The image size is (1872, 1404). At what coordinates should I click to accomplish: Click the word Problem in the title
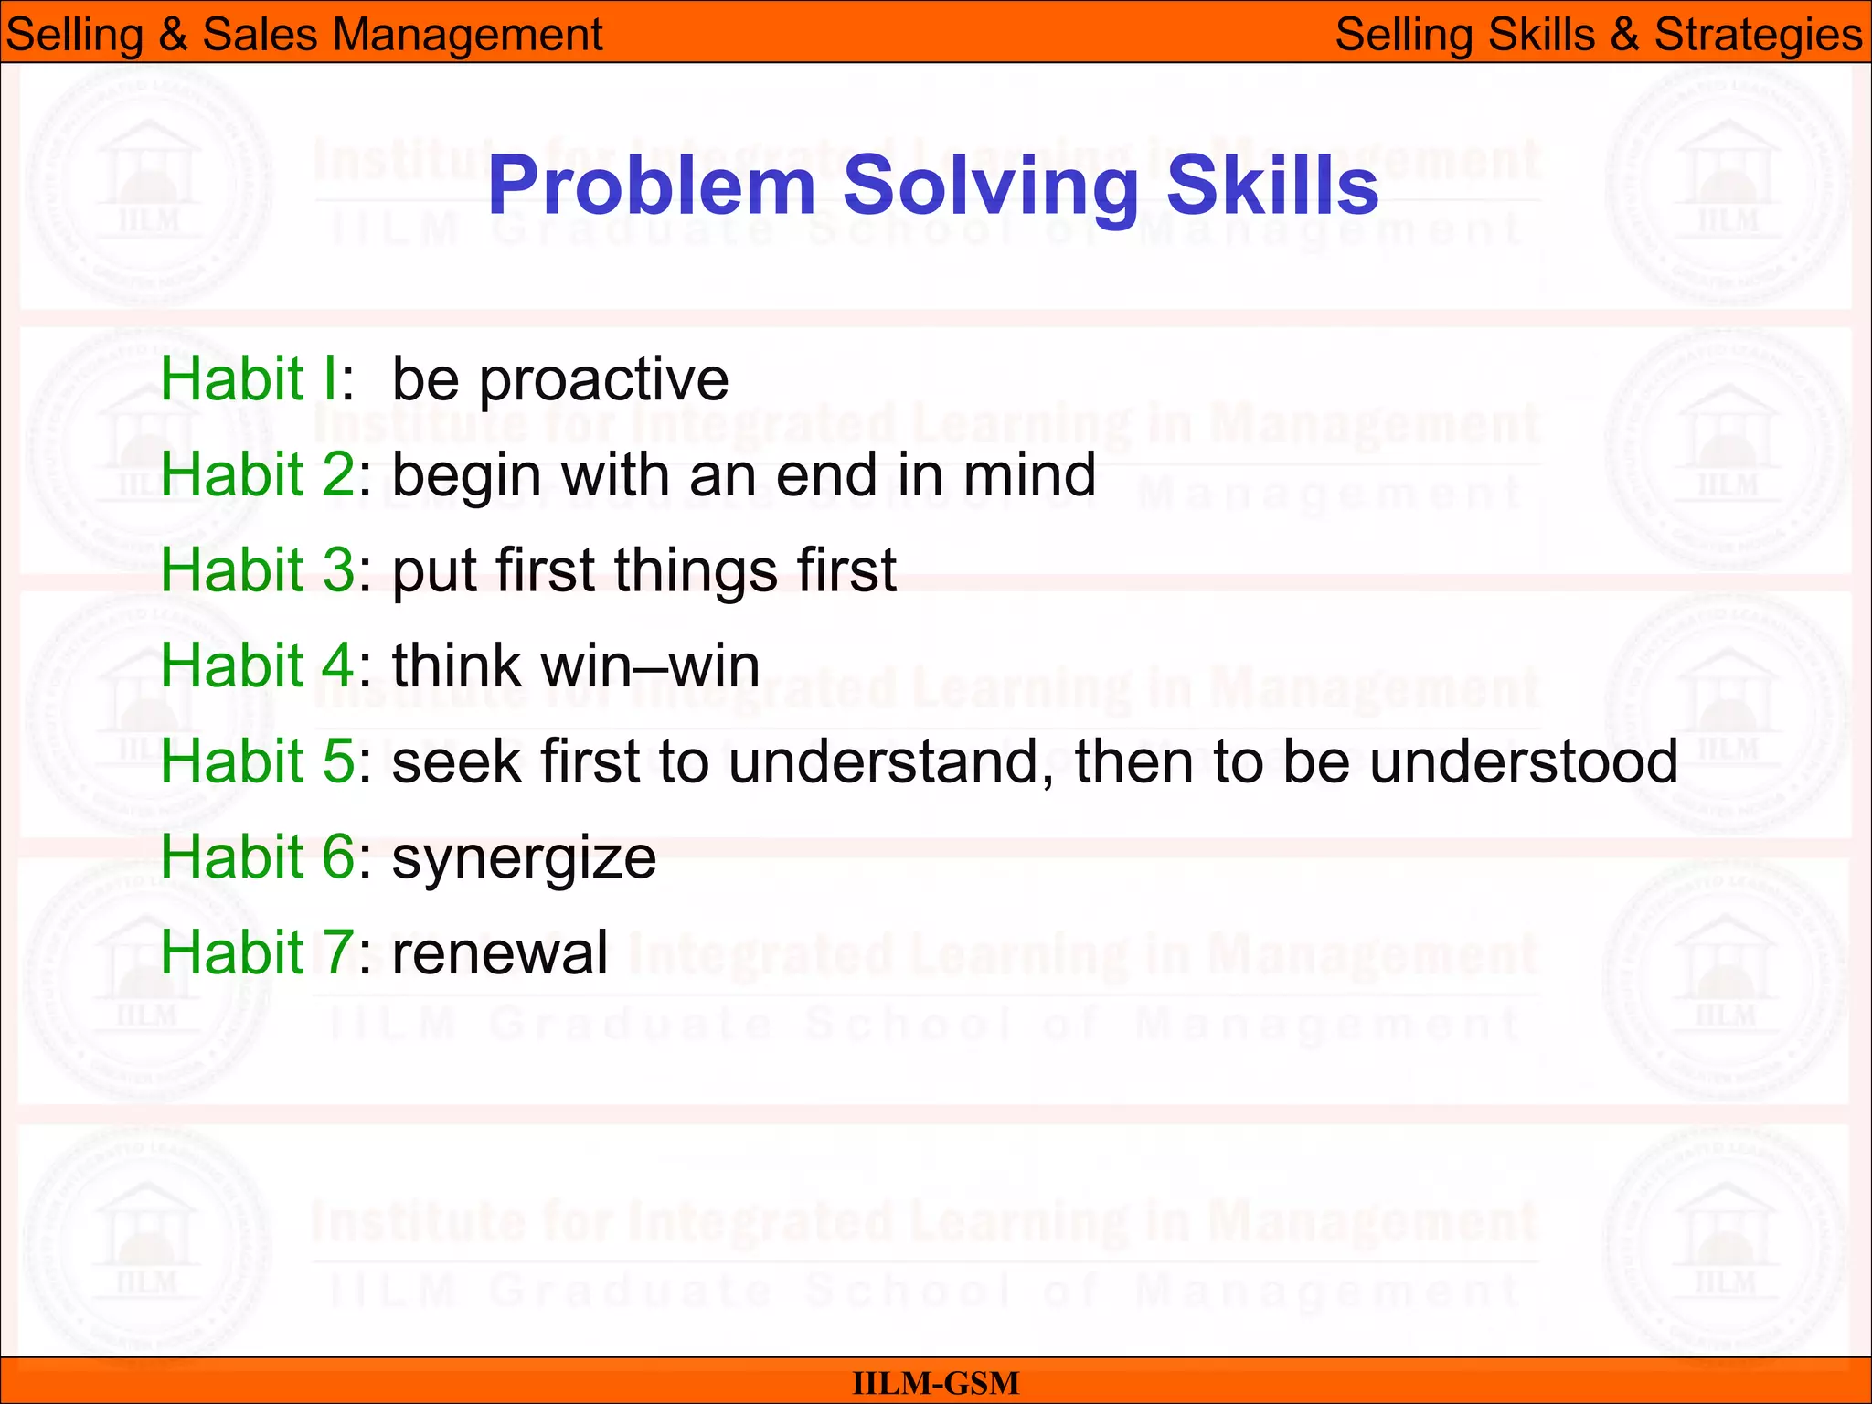[651, 187]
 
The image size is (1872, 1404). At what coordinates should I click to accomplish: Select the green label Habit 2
[257, 475]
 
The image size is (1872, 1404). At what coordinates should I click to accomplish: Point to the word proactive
[604, 380]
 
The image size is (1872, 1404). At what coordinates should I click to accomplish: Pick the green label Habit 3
[257, 570]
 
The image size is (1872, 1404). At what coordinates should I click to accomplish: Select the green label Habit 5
[257, 760]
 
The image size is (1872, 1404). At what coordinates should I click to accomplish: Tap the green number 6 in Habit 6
[338, 857]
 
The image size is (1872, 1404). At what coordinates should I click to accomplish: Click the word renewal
[500, 953]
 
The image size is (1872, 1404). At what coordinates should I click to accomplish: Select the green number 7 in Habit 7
[338, 952]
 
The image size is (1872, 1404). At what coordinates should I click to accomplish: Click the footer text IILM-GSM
[935, 1383]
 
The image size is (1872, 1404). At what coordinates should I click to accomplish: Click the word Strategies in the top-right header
[1758, 36]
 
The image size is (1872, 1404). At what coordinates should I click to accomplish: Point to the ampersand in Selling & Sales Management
[173, 36]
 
